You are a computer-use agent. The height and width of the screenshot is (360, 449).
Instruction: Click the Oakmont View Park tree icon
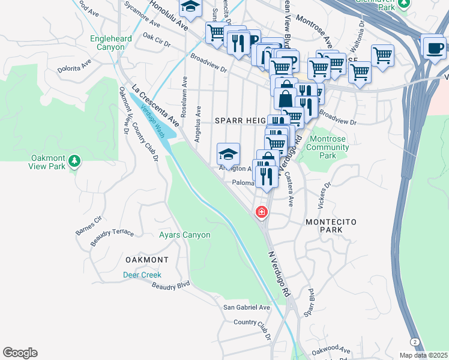click(74, 161)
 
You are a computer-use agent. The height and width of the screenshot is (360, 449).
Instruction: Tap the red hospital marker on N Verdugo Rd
click(262, 212)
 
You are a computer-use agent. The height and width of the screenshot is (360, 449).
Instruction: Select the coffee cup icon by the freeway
click(433, 48)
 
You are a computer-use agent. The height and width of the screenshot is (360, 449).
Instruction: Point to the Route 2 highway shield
click(415, 341)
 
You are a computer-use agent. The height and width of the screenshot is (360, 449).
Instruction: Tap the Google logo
click(20, 353)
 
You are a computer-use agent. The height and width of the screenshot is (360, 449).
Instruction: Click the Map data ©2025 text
click(423, 355)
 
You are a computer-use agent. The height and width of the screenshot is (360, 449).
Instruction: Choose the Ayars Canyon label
click(184, 235)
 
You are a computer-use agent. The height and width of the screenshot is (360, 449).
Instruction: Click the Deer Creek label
click(142, 275)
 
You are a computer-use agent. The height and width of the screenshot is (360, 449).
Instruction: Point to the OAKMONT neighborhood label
click(147, 260)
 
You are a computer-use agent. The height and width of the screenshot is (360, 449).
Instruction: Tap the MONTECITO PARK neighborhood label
click(331, 226)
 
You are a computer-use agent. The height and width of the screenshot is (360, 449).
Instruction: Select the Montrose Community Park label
click(327, 147)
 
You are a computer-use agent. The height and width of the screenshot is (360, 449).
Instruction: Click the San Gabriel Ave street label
click(247, 307)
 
